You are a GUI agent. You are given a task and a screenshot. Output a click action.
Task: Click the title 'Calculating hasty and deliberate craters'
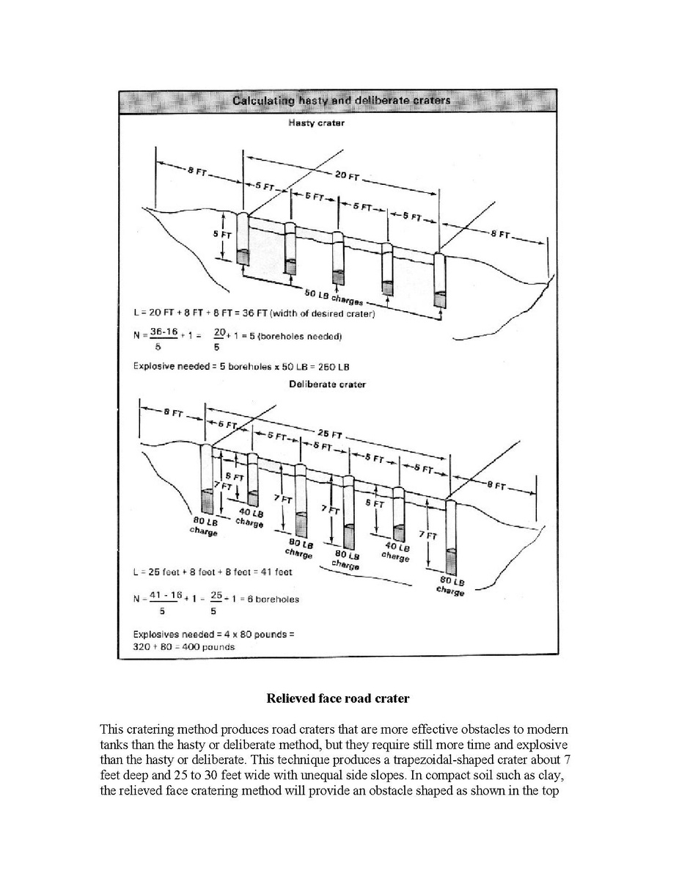click(x=341, y=100)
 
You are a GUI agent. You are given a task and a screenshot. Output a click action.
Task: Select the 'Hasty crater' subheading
click(x=316, y=123)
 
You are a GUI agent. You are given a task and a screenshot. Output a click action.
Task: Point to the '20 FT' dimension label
click(x=348, y=175)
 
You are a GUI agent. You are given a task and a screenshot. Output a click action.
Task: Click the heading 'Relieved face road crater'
click(x=337, y=699)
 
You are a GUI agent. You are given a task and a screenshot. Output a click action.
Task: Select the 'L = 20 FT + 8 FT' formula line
click(x=254, y=315)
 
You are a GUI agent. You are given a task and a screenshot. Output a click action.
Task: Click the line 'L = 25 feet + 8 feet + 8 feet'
click(x=213, y=572)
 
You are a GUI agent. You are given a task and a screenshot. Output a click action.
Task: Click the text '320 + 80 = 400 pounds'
click(x=184, y=647)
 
